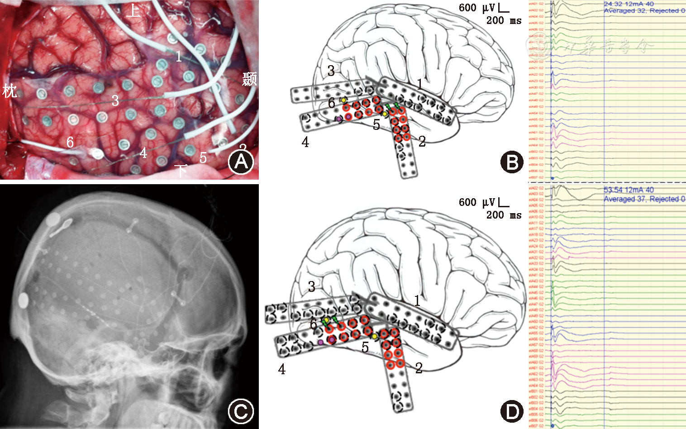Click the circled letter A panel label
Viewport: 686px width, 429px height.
click(x=241, y=162)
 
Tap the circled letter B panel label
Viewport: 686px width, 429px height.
click(x=512, y=162)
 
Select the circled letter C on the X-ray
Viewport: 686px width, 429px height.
click(x=241, y=411)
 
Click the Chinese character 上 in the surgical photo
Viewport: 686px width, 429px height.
click(x=133, y=10)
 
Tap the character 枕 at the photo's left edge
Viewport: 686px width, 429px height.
click(x=10, y=91)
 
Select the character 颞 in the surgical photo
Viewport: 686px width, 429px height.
click(x=249, y=79)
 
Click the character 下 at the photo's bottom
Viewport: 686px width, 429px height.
click(x=181, y=171)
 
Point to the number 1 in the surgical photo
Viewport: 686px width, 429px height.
click(x=179, y=57)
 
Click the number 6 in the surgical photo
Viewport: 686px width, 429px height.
click(x=70, y=143)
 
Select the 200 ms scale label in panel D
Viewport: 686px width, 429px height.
click(x=504, y=215)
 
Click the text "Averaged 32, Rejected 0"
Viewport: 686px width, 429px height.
click(x=644, y=10)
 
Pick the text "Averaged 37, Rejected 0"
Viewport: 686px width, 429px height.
click(x=644, y=199)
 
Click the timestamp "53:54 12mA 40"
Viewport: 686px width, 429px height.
click(x=629, y=190)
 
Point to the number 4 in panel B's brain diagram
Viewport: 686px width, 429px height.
click(x=305, y=143)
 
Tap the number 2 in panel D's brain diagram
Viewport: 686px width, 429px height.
click(x=419, y=368)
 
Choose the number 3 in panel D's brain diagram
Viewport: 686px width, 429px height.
click(x=312, y=286)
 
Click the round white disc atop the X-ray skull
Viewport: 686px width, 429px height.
click(x=53, y=220)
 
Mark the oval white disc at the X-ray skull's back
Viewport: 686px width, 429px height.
click(x=24, y=300)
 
